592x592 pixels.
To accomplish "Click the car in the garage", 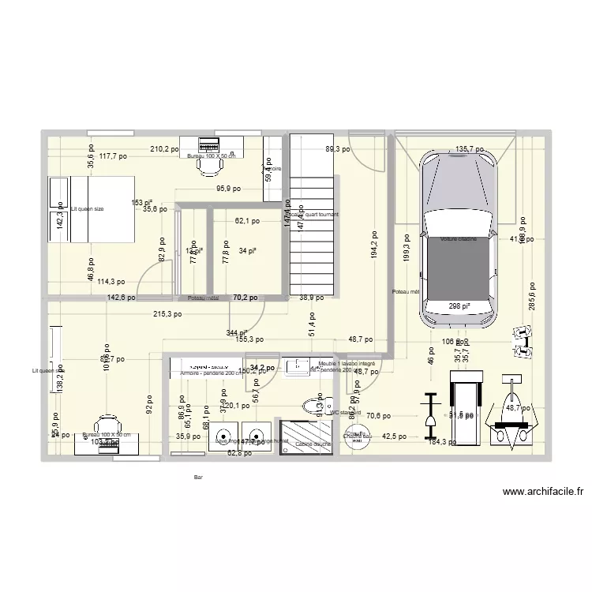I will [x=459, y=237].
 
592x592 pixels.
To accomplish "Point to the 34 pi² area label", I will [x=246, y=251].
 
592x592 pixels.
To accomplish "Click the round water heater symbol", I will [x=355, y=437].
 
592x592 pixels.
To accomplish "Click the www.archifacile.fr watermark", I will [x=546, y=492].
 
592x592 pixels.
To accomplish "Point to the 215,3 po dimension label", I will [x=167, y=313].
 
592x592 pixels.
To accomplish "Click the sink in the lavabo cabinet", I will [x=298, y=365].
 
